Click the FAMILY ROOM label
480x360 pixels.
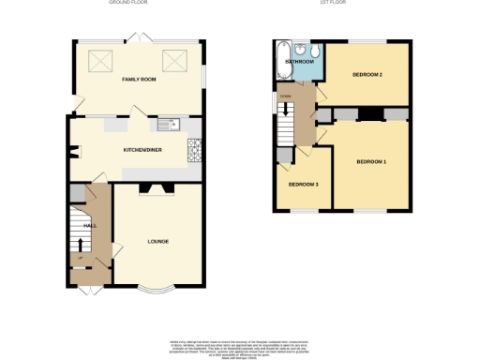[x=137, y=82]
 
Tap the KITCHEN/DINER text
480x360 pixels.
[x=142, y=149]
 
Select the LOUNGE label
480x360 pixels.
[x=157, y=242]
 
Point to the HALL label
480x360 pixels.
[x=90, y=226]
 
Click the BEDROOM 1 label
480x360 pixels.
[x=371, y=162]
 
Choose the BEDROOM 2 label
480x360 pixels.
[x=367, y=74]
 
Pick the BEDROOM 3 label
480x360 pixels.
[x=303, y=184]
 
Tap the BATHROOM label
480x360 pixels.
[x=299, y=61]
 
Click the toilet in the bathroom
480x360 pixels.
[x=313, y=51]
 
